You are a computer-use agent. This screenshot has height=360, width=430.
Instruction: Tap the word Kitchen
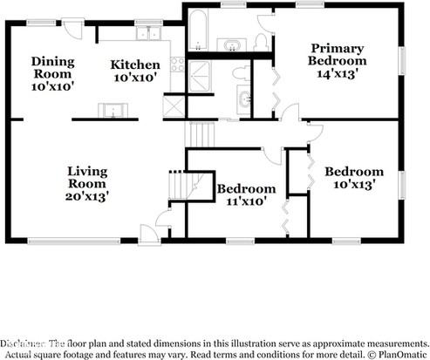[135, 65]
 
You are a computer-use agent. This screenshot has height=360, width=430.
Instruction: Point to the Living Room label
[87, 177]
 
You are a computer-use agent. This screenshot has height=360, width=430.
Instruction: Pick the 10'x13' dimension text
[354, 184]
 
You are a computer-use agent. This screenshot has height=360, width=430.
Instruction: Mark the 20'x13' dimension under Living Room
[87, 197]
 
